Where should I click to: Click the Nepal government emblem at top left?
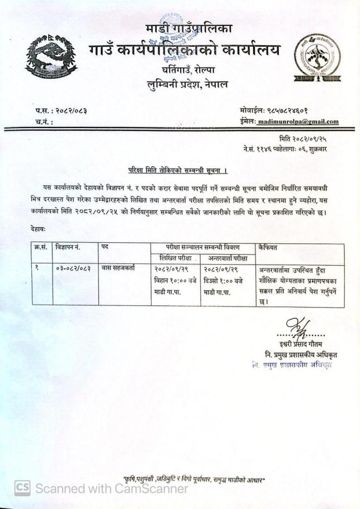[51, 56]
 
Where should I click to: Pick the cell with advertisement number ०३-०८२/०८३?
[73, 269]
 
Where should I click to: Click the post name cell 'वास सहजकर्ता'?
[118, 269]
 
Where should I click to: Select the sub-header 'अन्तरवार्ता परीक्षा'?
[228, 258]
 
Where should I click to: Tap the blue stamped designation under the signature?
[291, 365]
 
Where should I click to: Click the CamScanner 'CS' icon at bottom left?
[22, 488]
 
